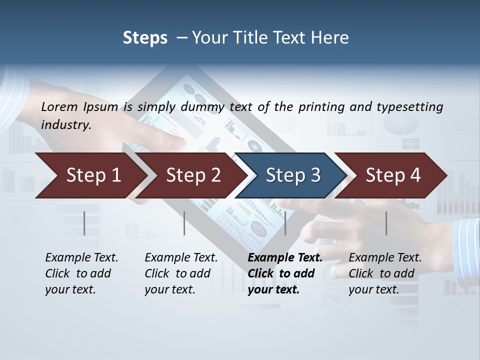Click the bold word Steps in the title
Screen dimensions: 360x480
(145, 38)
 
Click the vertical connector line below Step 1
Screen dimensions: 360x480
(84, 223)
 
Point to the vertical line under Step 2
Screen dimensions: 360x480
(184, 223)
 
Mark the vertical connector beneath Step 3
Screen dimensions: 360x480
(285, 223)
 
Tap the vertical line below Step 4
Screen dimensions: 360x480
(386, 223)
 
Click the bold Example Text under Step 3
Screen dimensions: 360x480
(285, 258)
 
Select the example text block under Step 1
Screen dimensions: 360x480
(81, 273)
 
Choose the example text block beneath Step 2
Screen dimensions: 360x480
(181, 273)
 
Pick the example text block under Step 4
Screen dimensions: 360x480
(385, 273)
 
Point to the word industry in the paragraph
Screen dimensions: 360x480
(65, 125)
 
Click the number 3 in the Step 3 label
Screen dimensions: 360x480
(315, 175)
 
